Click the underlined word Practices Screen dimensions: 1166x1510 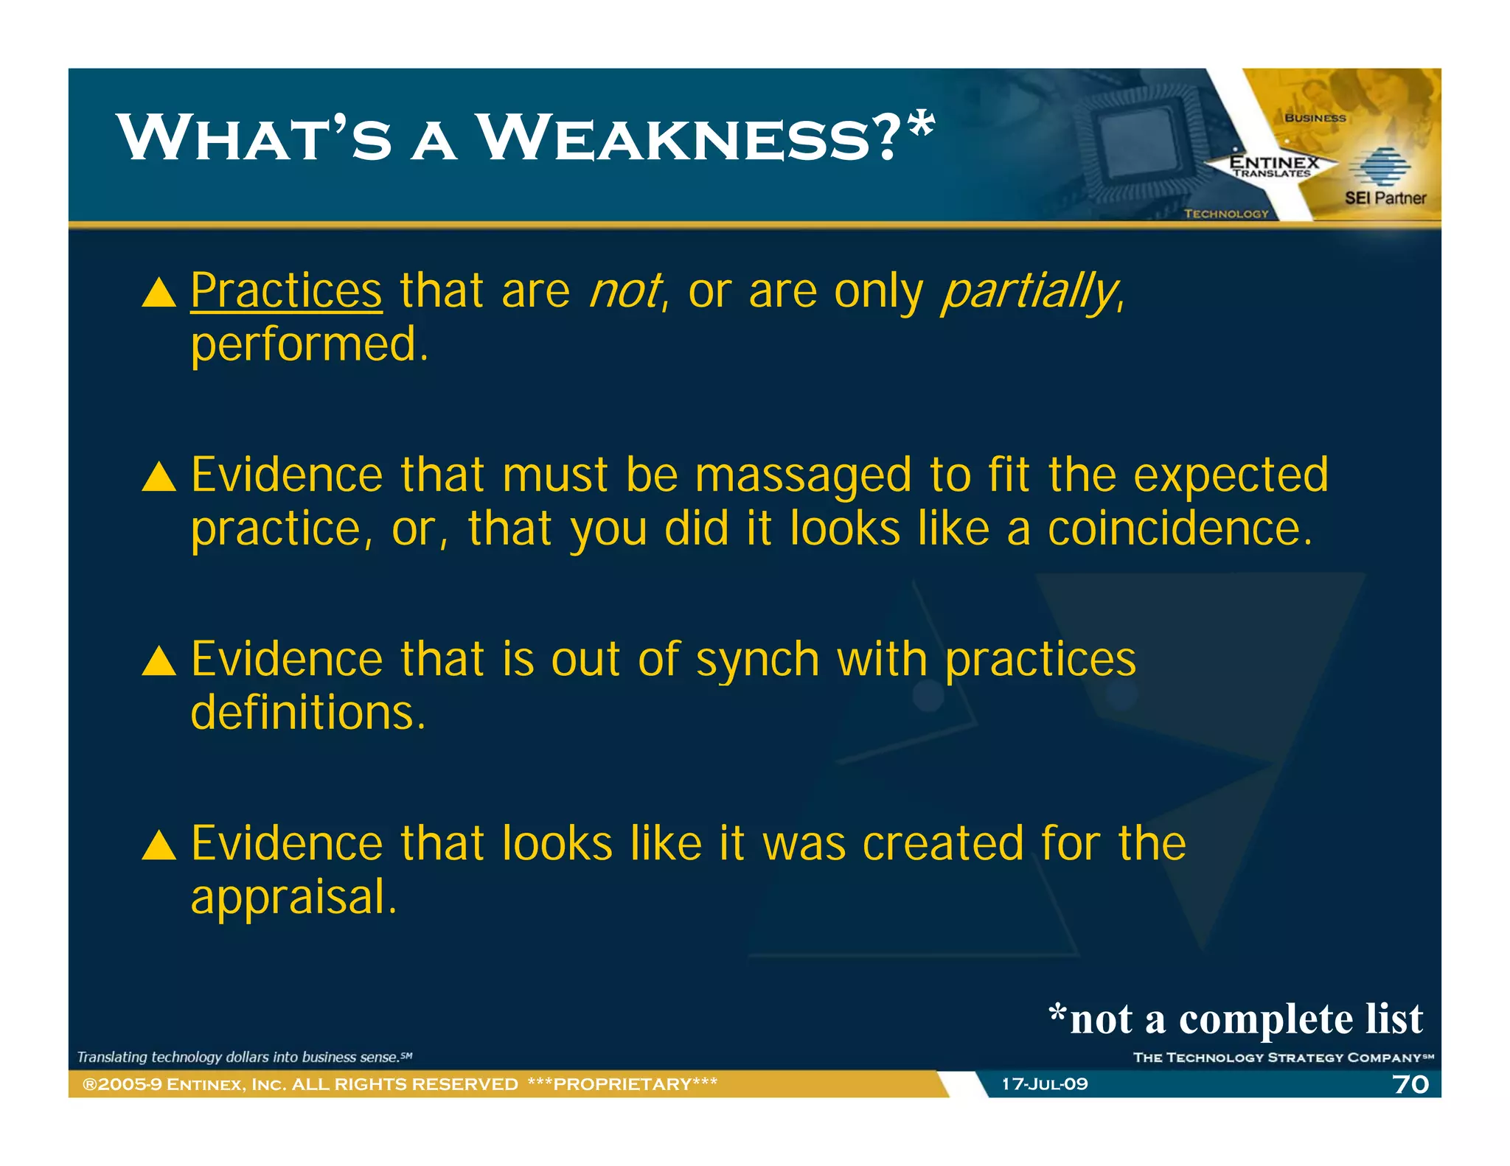286,290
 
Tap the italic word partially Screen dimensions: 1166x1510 1029,292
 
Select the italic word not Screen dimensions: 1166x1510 625,290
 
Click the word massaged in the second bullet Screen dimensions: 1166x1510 803,476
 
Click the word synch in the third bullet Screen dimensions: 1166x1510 757,659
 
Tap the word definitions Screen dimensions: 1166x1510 307,713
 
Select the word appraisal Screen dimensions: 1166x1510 293,898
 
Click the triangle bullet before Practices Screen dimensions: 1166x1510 159,293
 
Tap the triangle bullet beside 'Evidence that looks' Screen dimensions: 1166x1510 159,845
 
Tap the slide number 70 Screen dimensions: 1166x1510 1410,1084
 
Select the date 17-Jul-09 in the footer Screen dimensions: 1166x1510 1044,1084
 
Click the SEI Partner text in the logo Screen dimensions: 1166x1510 1385,198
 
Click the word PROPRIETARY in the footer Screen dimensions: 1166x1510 622,1084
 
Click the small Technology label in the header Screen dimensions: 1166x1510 1225,214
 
